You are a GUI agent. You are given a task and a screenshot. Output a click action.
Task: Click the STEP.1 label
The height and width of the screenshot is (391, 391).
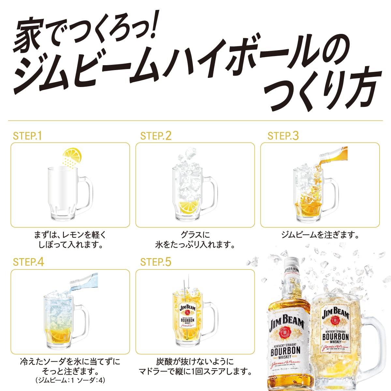[x=27, y=136]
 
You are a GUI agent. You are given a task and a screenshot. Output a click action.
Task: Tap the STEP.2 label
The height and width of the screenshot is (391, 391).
[x=155, y=136]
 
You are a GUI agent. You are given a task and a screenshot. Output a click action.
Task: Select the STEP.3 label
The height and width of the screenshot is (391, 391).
[x=282, y=136]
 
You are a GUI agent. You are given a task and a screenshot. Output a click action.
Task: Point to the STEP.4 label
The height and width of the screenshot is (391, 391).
[x=28, y=262]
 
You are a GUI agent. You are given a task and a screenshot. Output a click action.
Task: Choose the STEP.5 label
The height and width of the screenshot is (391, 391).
[x=155, y=262]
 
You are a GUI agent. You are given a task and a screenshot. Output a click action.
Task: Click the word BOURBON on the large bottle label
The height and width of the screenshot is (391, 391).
[x=285, y=351]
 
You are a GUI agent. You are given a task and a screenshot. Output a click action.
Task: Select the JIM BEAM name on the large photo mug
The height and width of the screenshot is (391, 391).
[x=335, y=314]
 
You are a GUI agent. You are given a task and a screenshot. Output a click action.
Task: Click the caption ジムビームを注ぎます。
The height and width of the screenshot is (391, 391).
[x=320, y=235]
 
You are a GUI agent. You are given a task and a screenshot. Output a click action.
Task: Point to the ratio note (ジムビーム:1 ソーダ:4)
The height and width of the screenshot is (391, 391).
[x=70, y=380]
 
